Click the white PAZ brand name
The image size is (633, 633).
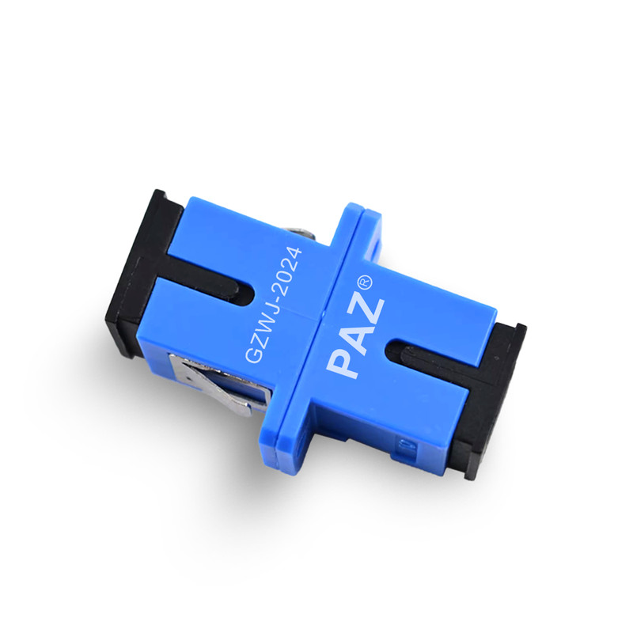(354, 339)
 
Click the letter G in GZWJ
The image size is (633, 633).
(253, 353)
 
